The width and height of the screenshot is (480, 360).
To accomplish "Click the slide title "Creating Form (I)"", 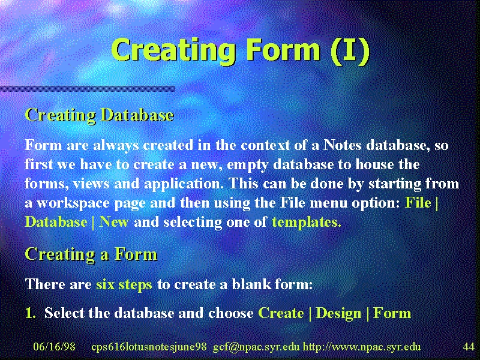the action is click(241, 51).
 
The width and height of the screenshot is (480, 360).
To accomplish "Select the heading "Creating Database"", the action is click(100, 115).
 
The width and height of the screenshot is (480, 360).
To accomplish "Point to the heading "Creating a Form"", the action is click(91, 254).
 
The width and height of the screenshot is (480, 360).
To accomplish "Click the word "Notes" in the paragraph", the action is click(342, 145).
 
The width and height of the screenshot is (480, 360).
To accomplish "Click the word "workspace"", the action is click(73, 203).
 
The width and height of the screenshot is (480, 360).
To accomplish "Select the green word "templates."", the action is click(307, 223).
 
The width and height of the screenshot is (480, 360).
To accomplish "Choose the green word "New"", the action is click(114, 222).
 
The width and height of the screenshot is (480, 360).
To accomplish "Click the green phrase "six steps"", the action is click(124, 284).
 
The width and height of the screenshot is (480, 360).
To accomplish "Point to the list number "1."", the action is click(31, 313).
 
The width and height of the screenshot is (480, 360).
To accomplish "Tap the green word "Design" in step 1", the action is click(338, 313).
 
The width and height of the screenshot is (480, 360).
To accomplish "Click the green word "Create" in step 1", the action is click(281, 313).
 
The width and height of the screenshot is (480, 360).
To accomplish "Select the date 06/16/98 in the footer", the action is click(54, 347).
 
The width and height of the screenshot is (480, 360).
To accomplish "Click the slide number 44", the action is click(469, 347).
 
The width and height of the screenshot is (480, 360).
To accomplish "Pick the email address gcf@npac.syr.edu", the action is click(256, 347).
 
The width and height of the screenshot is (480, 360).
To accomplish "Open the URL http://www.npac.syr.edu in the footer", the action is click(362, 347).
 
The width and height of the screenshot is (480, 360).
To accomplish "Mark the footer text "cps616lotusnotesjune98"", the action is click(149, 347).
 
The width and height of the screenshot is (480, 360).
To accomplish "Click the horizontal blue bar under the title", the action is click(88, 89).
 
